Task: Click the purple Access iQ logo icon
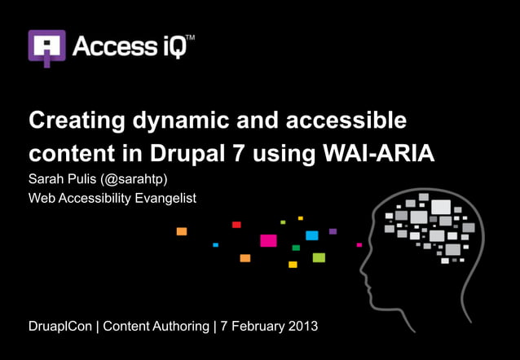point(46,47)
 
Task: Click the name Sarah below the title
point(46,179)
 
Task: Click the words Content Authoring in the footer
point(159,327)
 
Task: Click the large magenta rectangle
point(268,240)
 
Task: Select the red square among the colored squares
point(236,224)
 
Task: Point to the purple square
point(333,231)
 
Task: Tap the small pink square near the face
point(359,244)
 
